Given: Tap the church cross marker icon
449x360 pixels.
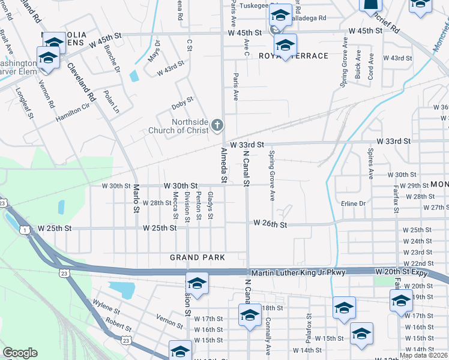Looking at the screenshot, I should pos(218,125).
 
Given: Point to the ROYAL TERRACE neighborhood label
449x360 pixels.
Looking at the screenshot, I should pos(294,56).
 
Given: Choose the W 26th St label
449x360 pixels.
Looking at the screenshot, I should pos(270,223).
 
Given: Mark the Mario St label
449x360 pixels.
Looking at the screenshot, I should pos(136,198).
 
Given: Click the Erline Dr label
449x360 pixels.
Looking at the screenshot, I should pos(352,203).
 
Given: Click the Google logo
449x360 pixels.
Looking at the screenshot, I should pos(20,353).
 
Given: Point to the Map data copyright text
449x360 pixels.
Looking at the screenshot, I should pos(423,355).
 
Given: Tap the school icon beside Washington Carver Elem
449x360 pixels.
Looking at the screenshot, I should pos(47,58).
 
